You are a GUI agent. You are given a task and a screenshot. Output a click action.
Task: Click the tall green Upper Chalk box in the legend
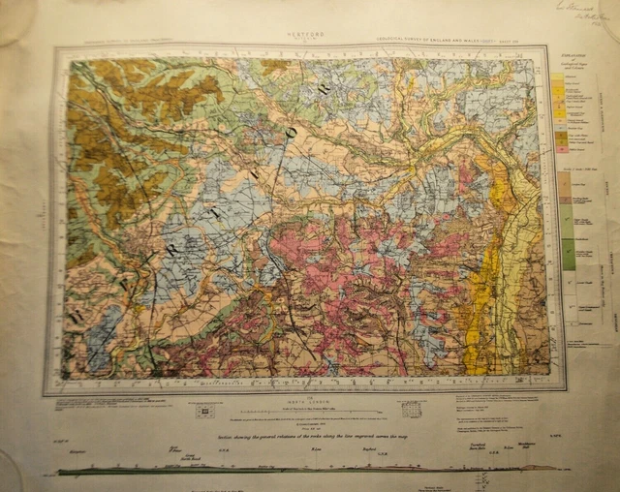pos(569,254)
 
